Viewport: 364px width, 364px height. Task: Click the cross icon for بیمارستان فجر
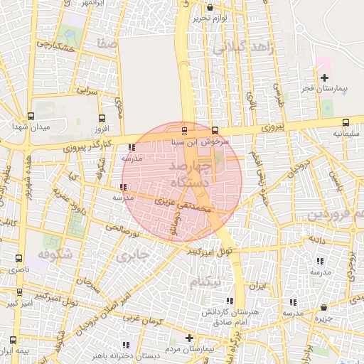pyautogui.click(x=324, y=77)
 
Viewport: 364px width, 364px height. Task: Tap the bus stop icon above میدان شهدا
pyautogui.click(x=31, y=116)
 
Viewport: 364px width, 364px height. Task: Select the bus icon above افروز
pyautogui.click(x=102, y=118)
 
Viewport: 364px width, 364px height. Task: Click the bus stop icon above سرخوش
pyautogui.click(x=215, y=130)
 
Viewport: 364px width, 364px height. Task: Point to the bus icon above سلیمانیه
pyautogui.click(x=346, y=122)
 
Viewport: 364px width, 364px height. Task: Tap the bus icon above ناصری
pyautogui.click(x=18, y=259)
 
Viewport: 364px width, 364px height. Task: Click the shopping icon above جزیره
pyautogui.click(x=324, y=308)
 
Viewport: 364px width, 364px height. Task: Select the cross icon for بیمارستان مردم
pyautogui.click(x=189, y=338)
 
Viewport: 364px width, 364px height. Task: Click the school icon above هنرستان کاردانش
pyautogui.click(x=228, y=301)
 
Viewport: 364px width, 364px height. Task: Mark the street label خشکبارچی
pyautogui.click(x=55, y=45)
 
